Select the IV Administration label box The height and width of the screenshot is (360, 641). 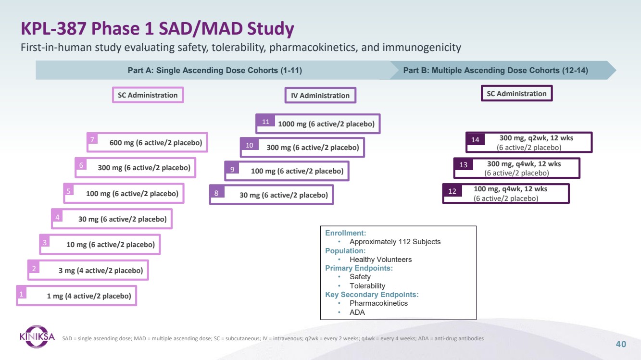click(320, 95)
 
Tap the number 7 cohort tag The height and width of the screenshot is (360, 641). click(92, 139)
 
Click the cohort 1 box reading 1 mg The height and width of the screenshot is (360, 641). click(77, 296)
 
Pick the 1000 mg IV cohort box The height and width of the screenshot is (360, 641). click(318, 124)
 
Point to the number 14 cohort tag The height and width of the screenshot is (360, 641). click(475, 140)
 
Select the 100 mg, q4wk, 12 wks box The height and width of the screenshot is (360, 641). click(506, 193)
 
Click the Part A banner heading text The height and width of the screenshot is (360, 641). click(214, 70)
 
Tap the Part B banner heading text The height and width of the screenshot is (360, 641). click(495, 70)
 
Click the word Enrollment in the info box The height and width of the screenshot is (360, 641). click(345, 233)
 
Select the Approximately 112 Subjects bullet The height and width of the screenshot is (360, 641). click(395, 242)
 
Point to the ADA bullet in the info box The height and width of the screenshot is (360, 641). click(357, 312)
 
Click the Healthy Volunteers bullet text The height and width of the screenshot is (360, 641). click(380, 260)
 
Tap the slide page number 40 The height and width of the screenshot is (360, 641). click(621, 344)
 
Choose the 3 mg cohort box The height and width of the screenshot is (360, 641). click(88, 270)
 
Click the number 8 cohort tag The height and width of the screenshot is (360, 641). click(216, 194)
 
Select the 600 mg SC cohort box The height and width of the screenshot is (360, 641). click(147, 142)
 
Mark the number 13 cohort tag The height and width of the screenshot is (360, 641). click(464, 165)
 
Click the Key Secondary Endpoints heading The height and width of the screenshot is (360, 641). click(372, 295)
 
